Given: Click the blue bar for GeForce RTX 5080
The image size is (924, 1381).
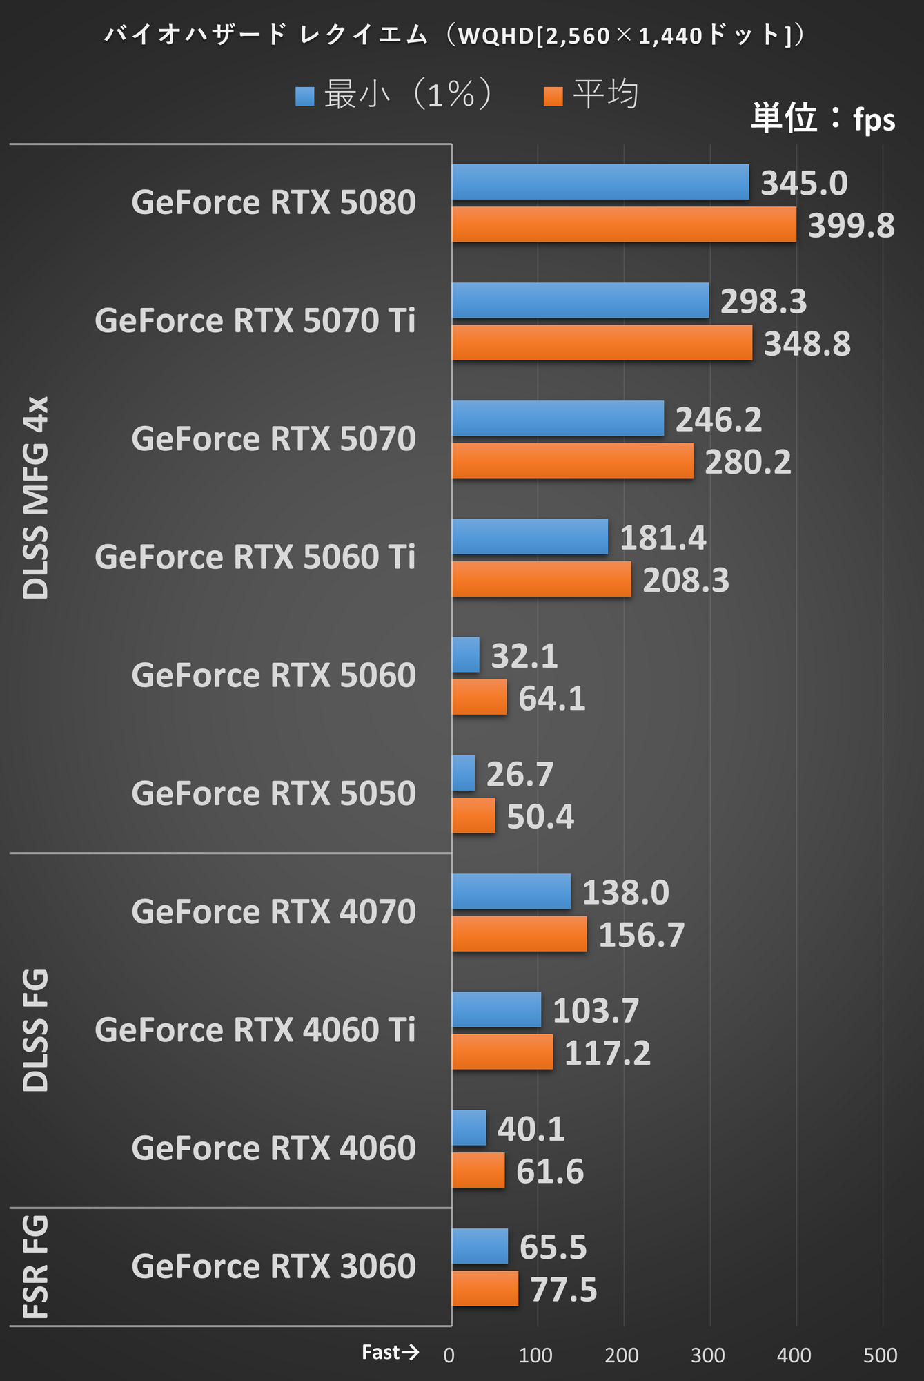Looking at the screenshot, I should (600, 182).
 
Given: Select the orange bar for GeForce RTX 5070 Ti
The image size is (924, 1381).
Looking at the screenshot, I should (602, 343).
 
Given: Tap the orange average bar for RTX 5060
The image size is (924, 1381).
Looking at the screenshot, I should (479, 697).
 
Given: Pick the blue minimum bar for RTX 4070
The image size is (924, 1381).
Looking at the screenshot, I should (511, 891).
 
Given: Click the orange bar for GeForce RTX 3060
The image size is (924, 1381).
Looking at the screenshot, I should (485, 1288).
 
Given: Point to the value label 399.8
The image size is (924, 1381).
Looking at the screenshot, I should (851, 226).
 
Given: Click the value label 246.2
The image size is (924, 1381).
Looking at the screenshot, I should (718, 419).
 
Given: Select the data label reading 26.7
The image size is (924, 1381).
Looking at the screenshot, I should (520, 774).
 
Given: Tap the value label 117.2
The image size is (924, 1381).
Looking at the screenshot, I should (607, 1053).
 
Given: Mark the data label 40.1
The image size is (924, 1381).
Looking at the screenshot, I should (531, 1129).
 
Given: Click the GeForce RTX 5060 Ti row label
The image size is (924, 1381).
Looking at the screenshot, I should (255, 557).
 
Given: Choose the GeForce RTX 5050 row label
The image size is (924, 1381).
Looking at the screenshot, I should (273, 793).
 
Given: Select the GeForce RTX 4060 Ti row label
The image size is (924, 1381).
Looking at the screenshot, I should (255, 1030).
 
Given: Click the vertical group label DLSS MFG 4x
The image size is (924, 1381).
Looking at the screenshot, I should (36, 497).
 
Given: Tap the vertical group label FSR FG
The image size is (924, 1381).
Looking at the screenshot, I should (36, 1267).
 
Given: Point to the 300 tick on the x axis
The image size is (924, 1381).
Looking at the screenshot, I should (708, 1355).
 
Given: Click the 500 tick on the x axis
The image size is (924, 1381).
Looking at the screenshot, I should (881, 1355).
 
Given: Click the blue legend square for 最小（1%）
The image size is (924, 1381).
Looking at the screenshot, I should (304, 96).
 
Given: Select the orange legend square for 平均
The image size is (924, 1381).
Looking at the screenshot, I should (553, 96).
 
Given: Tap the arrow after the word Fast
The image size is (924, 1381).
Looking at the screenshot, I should (410, 1352).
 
